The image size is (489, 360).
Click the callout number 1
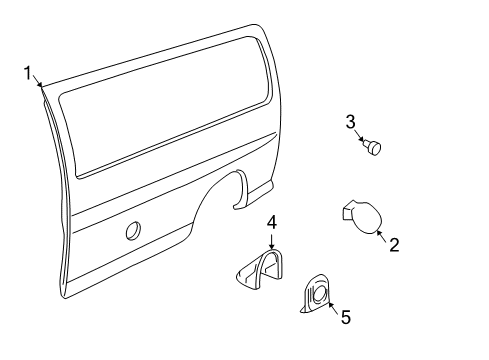[29, 71]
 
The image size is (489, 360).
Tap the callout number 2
[393, 243]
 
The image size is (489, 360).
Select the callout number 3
[351, 123]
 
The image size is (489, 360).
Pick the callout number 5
[345, 317]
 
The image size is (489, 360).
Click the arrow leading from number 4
[270, 240]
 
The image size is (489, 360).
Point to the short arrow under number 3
[360, 138]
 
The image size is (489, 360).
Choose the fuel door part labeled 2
[363, 217]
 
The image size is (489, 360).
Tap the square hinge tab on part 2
[347, 209]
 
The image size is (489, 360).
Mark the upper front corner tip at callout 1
[41, 85]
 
